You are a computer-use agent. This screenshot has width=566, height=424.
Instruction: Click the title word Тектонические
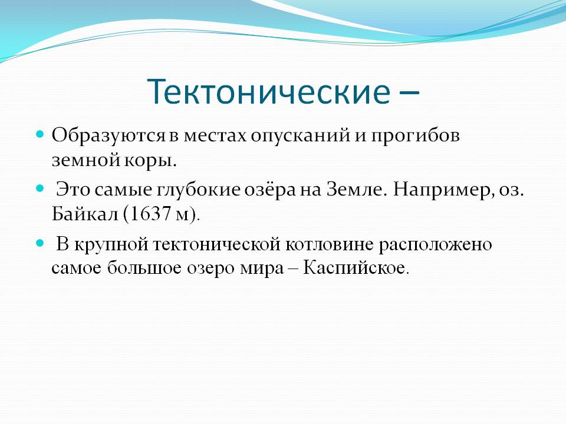269,92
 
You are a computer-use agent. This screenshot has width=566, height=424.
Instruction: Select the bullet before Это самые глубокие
40,188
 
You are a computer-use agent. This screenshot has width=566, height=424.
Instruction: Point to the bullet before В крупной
40,243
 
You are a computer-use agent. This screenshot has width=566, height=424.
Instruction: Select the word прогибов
416,136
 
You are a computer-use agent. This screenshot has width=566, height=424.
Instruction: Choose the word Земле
356,189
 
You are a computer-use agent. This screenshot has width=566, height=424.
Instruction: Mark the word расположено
435,245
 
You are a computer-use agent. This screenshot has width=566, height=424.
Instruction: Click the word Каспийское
356,268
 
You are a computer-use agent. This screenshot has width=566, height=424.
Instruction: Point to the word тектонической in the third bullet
216,244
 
